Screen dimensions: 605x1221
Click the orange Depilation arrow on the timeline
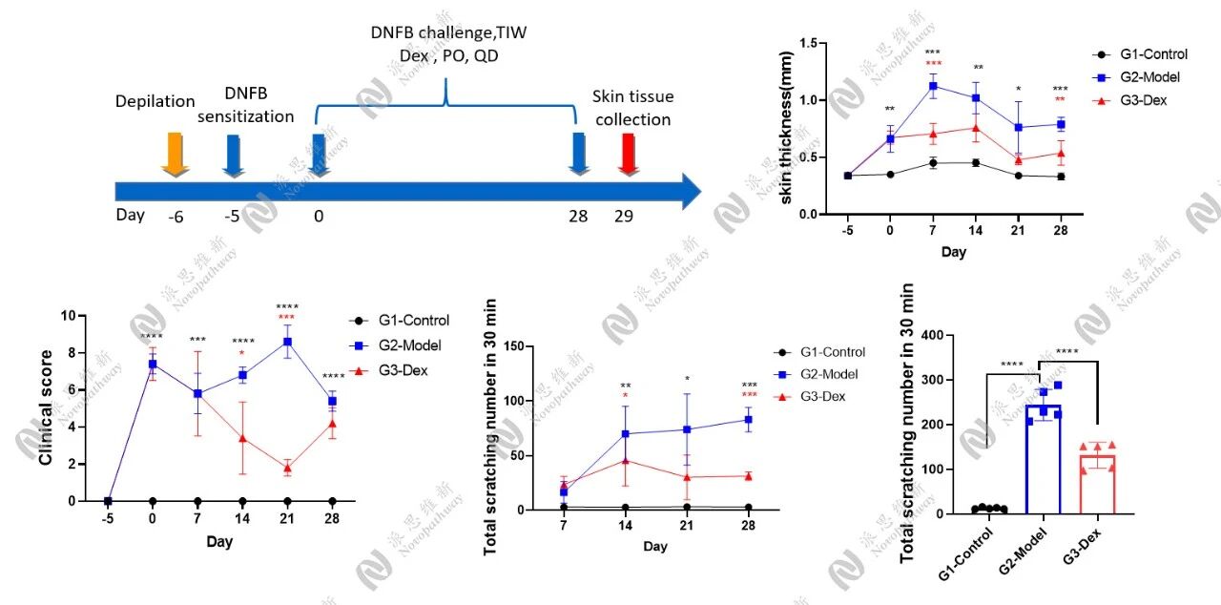176,154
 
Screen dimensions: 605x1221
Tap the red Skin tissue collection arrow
628,154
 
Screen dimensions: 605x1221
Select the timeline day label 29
623,216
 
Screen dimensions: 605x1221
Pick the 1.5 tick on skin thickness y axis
813,43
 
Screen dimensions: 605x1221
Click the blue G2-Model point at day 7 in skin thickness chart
933,86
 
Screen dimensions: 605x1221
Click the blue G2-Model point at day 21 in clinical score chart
287,342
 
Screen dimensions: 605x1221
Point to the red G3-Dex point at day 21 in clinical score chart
287,468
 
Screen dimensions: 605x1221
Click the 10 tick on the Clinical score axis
65,316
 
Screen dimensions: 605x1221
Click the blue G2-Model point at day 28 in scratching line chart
748,419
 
